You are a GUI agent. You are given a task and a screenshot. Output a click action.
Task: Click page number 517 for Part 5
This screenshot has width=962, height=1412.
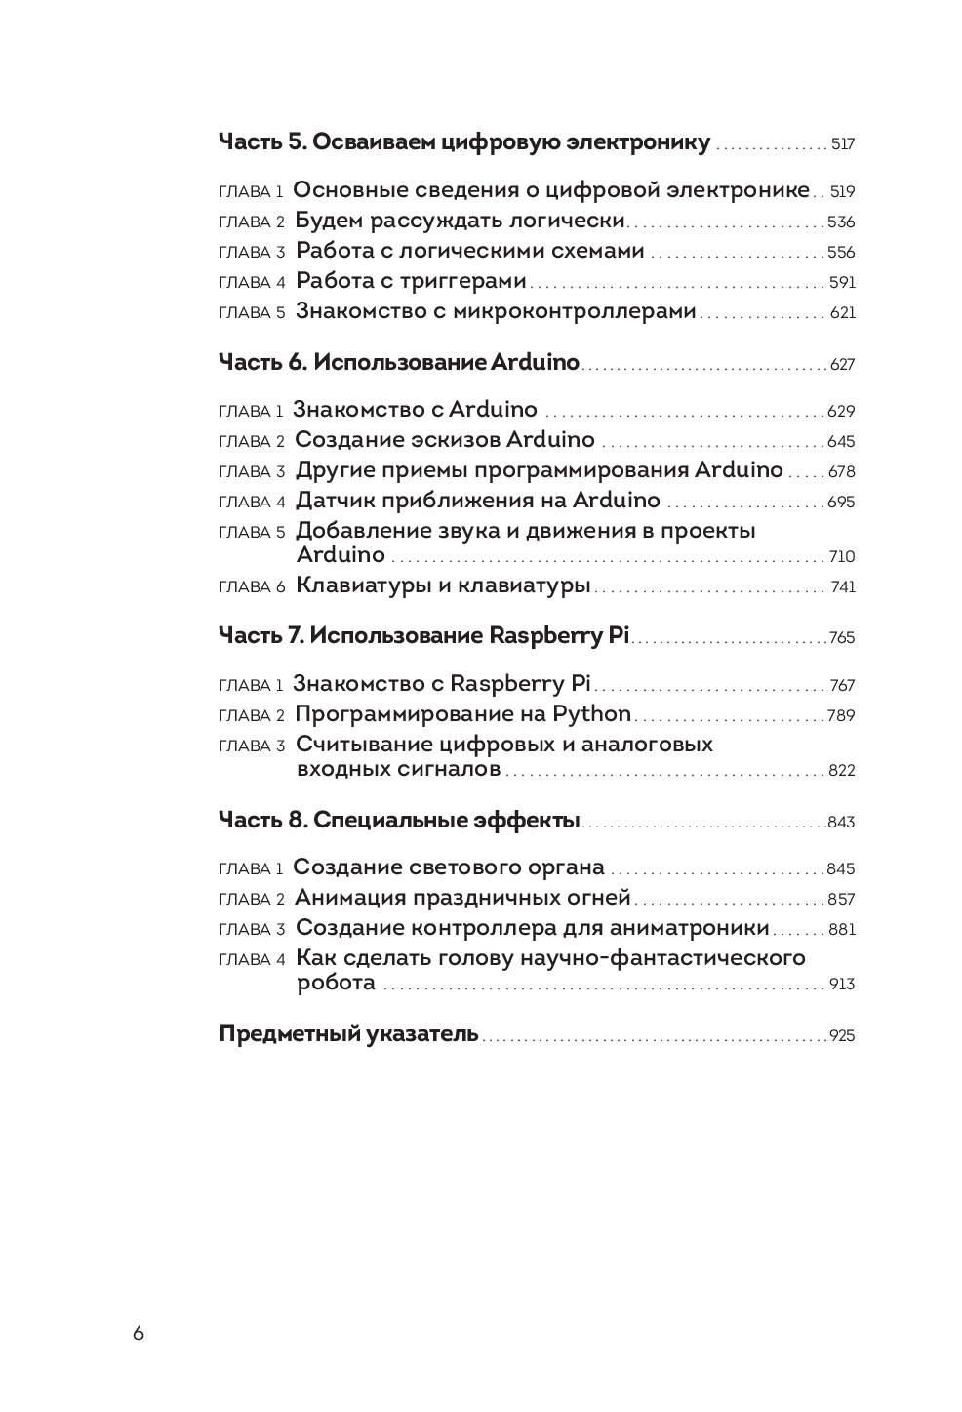click(x=842, y=144)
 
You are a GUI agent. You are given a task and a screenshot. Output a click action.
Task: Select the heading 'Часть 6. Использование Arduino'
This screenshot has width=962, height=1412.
click(x=398, y=363)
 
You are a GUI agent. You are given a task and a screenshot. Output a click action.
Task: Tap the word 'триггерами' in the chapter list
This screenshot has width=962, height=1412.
click(x=460, y=282)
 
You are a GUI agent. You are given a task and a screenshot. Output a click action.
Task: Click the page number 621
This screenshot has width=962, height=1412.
click(x=842, y=313)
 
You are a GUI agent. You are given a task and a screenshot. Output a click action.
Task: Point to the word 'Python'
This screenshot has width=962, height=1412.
click(x=592, y=714)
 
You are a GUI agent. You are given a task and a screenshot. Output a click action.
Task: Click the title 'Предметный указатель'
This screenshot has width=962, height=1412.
click(x=348, y=1034)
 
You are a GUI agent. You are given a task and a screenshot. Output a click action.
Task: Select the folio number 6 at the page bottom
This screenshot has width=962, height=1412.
click(x=139, y=1334)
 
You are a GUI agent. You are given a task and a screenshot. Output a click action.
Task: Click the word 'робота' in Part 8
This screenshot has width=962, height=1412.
click(x=336, y=982)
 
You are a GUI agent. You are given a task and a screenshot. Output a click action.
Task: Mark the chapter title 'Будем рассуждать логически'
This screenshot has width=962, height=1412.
click(x=460, y=221)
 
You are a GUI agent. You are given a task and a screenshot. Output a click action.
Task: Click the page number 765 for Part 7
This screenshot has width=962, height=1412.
click(x=841, y=638)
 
